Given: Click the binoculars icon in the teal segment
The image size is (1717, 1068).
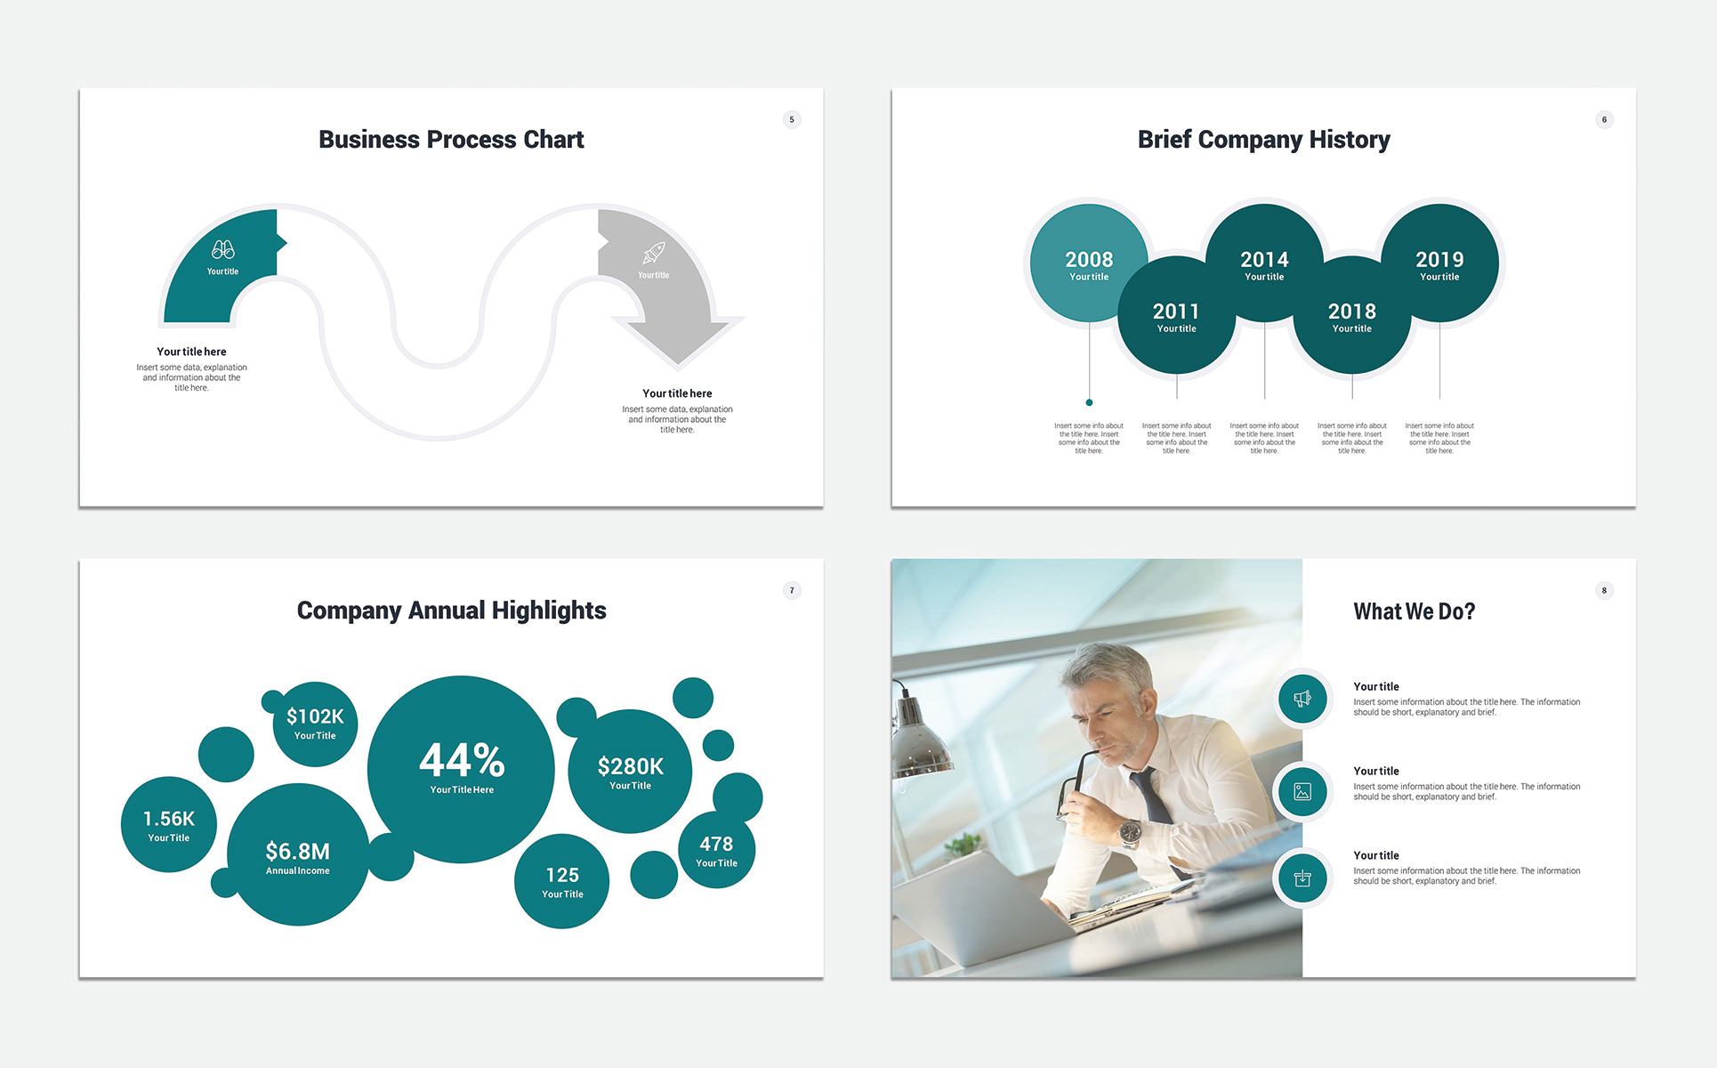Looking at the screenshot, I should [x=223, y=250].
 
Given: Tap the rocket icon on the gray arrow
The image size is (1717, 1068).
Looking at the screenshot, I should [x=654, y=254].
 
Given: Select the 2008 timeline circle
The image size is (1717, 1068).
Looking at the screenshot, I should [x=1089, y=263].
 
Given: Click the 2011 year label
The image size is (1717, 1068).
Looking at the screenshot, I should [x=1176, y=311].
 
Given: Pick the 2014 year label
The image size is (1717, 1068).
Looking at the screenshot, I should [x=1264, y=259].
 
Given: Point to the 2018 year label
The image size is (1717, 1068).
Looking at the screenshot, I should [x=1351, y=311].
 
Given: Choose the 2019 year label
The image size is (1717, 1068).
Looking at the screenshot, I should [x=1439, y=259].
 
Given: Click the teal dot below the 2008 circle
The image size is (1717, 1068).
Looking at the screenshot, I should [x=1089, y=402].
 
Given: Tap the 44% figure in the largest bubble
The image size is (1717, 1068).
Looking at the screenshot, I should [x=462, y=761].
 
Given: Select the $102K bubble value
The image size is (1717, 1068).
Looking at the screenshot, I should [x=315, y=716].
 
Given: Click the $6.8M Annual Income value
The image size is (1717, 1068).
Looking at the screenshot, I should [x=297, y=852].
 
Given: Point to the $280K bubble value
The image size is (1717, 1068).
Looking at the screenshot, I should [x=630, y=766].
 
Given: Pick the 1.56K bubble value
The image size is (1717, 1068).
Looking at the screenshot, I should [x=169, y=819].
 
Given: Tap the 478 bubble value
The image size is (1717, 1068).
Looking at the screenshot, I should [x=716, y=844].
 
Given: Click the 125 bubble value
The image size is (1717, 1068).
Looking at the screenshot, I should [x=562, y=875].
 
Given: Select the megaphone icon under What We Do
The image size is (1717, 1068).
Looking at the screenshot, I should [x=1302, y=699].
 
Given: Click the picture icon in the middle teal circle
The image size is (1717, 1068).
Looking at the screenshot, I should [x=1302, y=791].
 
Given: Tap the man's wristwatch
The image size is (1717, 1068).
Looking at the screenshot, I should [x=1130, y=832].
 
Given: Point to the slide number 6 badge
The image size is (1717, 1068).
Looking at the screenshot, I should [x=1604, y=119].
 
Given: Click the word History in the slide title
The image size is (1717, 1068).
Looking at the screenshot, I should [x=1349, y=140].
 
